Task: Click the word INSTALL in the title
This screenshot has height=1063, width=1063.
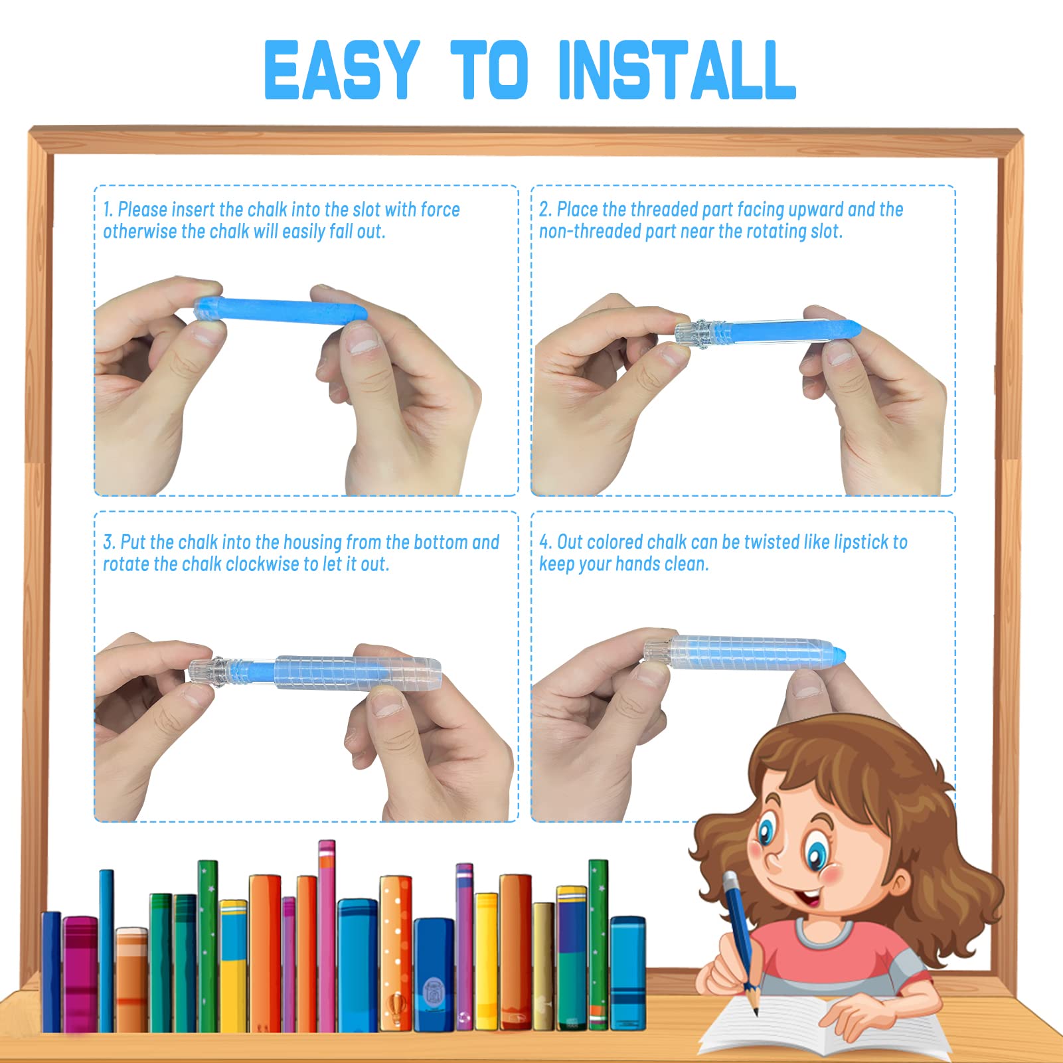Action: pos(677,70)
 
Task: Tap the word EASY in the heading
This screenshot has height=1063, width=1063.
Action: pos(342,70)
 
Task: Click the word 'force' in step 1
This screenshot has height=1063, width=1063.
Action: pos(440,210)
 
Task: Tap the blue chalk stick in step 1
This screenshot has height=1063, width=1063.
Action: pos(280,311)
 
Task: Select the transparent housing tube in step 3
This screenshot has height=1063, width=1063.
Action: pos(358,672)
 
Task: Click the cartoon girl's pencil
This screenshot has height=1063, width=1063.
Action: pos(740,943)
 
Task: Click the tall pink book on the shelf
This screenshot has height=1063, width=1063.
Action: pos(327,936)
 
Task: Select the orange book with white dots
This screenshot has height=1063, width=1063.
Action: pos(396,953)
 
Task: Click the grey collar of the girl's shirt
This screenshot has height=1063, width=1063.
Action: pos(824,932)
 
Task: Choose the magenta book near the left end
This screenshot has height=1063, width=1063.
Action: pos(80,974)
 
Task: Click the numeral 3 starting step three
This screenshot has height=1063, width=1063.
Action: pos(108,542)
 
